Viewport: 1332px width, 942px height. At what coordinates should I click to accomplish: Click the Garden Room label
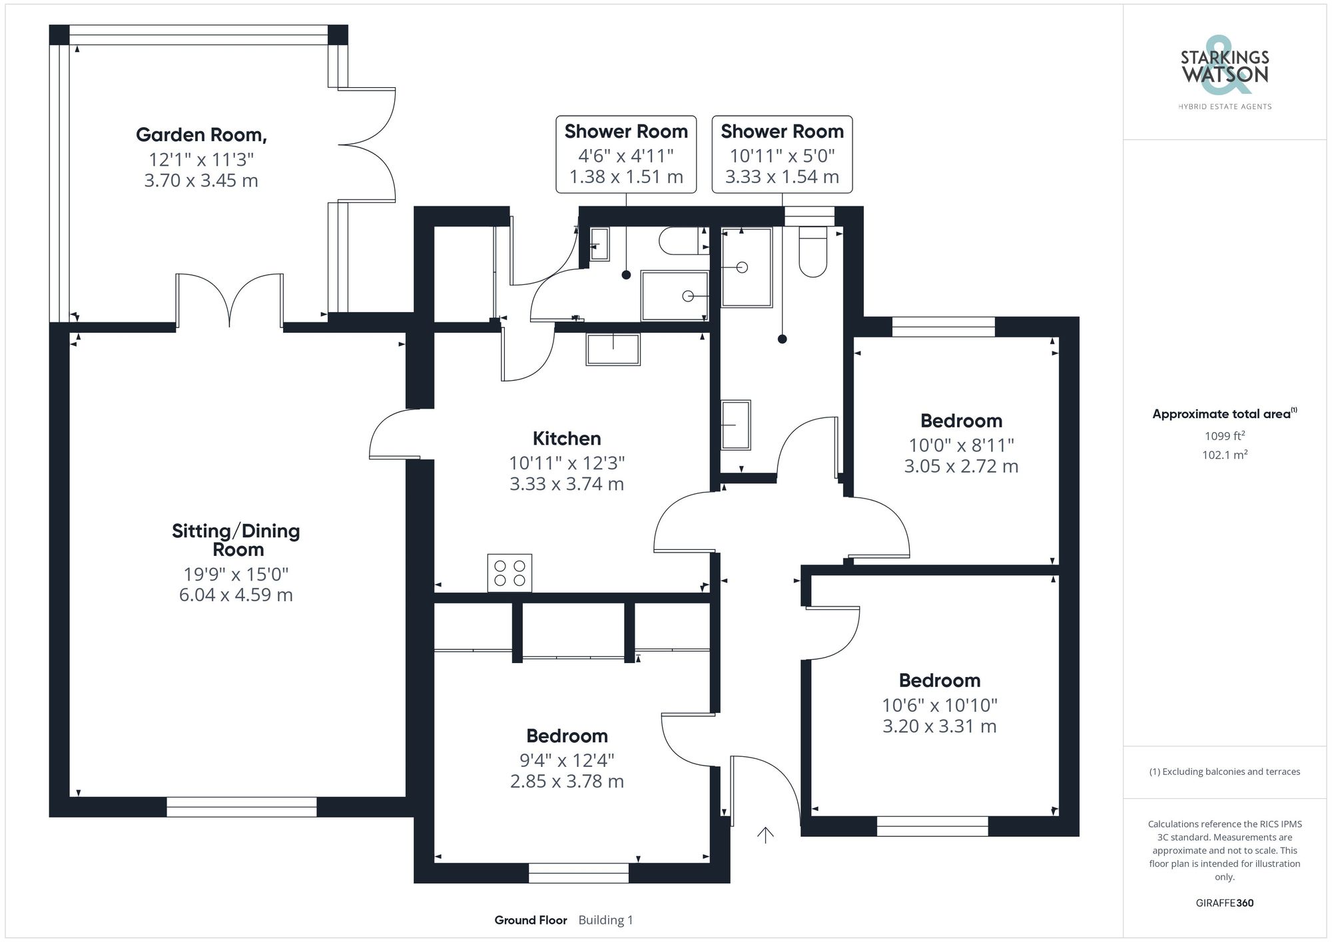[201, 135]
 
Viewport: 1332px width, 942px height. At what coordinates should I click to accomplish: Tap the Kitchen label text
[567, 439]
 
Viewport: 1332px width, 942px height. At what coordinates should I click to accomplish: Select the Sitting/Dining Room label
[236, 540]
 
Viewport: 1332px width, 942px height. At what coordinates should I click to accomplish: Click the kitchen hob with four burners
[509, 573]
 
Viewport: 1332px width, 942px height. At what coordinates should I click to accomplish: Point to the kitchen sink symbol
[613, 350]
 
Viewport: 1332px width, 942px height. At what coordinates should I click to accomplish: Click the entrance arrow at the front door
[765, 835]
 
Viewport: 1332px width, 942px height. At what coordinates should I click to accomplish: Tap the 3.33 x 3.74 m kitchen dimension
[567, 484]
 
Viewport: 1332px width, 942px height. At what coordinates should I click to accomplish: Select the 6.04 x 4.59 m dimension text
[236, 594]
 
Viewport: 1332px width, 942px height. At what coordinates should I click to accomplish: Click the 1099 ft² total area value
[1224, 436]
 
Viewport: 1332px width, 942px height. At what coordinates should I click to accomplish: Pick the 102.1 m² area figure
[1224, 455]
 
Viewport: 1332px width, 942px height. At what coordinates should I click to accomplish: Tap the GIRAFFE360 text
[1224, 903]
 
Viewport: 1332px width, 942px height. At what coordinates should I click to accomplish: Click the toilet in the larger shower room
[813, 252]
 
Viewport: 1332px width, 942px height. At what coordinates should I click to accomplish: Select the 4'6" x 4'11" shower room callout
[626, 156]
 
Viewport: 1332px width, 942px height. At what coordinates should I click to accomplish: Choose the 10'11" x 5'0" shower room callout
[782, 156]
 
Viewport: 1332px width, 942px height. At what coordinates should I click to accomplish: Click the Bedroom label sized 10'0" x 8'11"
[961, 421]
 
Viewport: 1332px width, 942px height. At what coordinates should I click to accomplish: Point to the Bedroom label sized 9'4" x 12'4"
[567, 736]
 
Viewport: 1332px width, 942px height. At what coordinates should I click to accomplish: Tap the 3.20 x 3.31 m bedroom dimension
[939, 726]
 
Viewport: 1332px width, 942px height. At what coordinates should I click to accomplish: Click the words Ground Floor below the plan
[531, 920]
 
